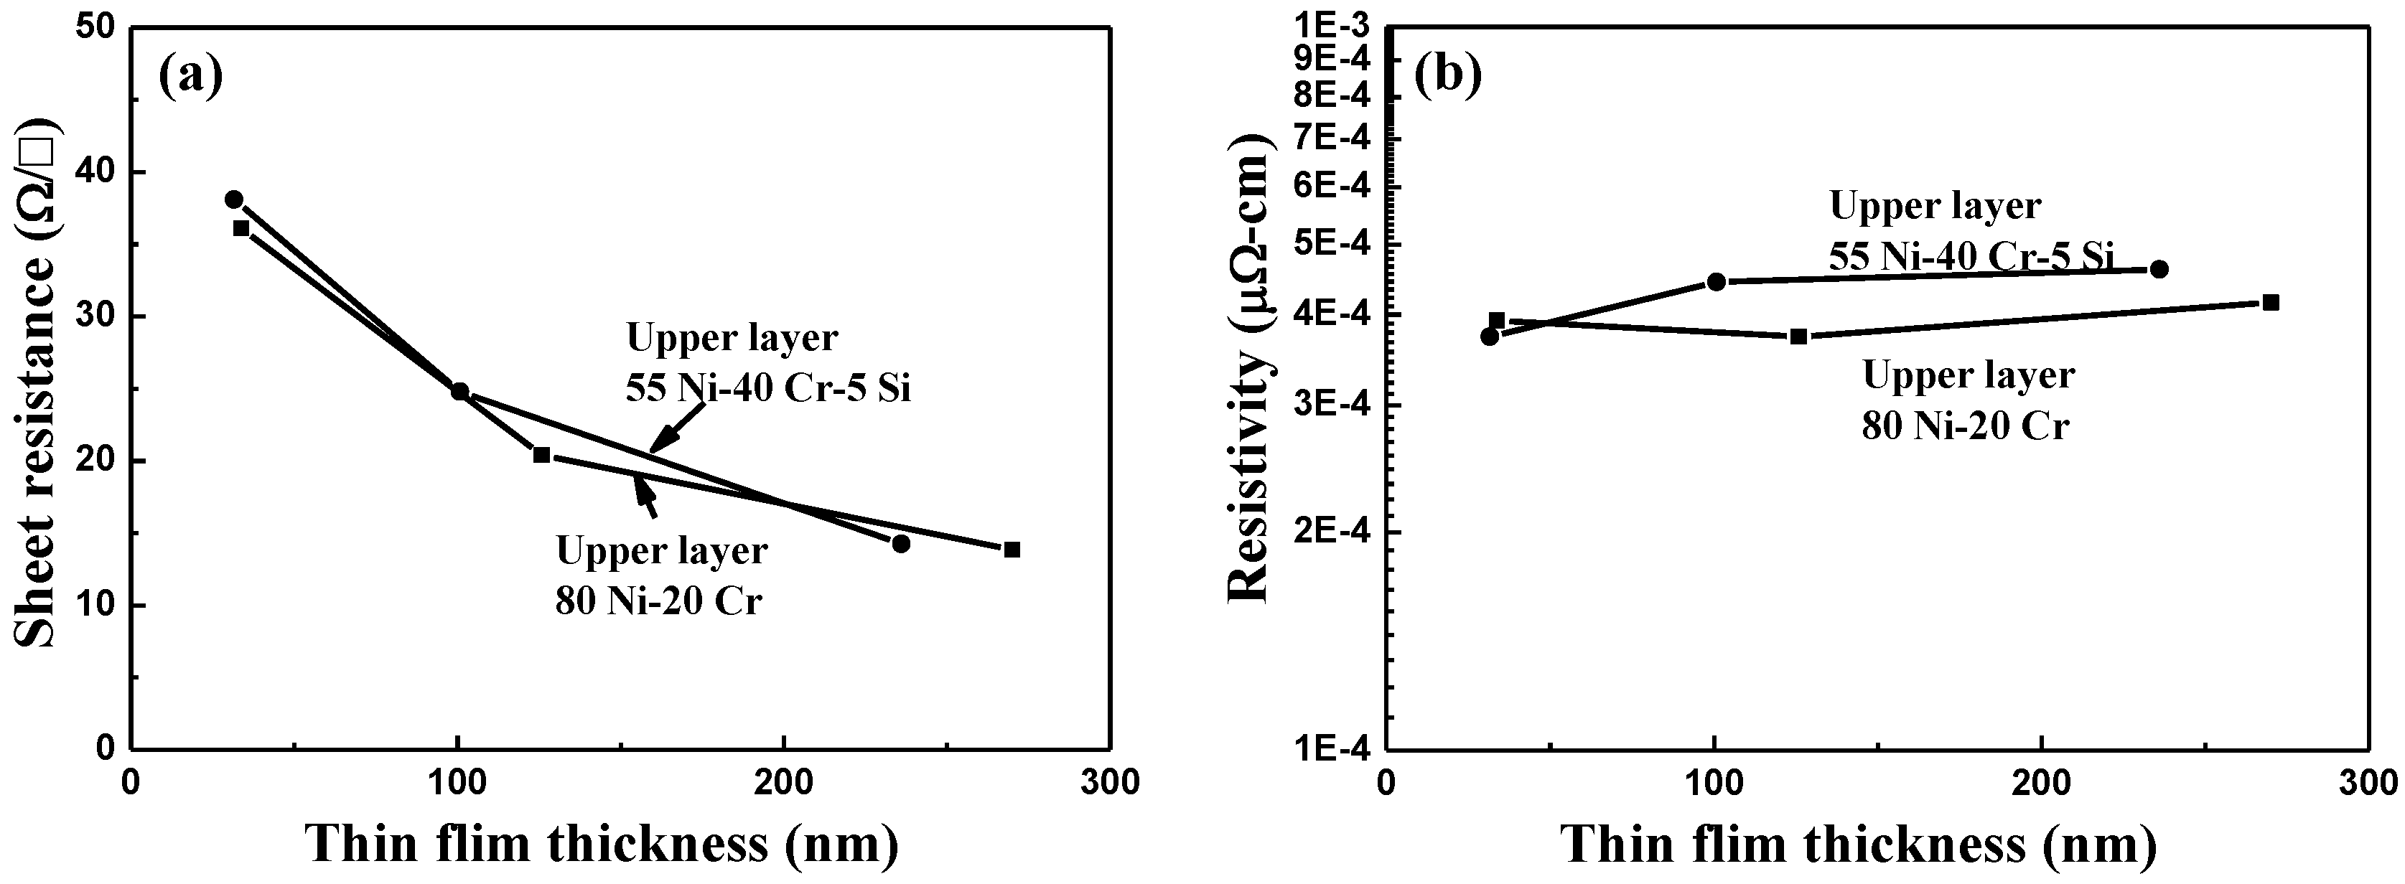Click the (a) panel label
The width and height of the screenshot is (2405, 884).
pos(190,77)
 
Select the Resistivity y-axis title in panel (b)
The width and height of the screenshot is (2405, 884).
pos(1249,369)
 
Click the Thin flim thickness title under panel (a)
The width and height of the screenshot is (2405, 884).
pos(602,844)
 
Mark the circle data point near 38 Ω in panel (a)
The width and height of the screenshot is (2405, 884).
pos(233,199)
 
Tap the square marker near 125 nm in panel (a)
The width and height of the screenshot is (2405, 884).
pos(541,455)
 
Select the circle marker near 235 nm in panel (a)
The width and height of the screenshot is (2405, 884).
pos(901,543)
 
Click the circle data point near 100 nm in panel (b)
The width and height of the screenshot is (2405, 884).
pos(1716,282)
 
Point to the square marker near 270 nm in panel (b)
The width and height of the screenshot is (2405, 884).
pos(2271,303)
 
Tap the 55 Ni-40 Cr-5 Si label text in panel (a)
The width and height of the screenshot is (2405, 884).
pos(767,388)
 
